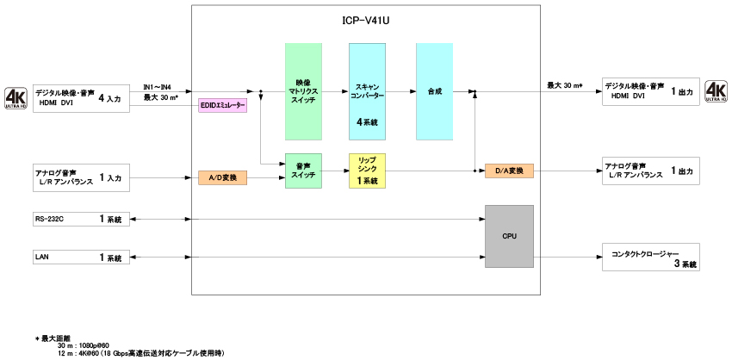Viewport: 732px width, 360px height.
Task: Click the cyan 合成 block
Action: click(434, 91)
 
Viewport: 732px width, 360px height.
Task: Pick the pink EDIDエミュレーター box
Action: click(223, 106)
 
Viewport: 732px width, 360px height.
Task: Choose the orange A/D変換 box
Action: click(223, 177)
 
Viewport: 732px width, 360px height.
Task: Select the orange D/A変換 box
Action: click(509, 171)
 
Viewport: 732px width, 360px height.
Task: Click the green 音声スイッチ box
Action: click(303, 170)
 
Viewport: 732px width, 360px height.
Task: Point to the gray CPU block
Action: click(509, 235)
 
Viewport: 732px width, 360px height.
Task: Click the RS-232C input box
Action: click(81, 220)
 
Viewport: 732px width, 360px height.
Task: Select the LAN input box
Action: click(81, 257)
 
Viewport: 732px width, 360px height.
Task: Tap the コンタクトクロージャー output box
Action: click(651, 257)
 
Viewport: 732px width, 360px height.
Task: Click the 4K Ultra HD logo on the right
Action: click(716, 91)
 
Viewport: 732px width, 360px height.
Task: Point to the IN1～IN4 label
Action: click(157, 87)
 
